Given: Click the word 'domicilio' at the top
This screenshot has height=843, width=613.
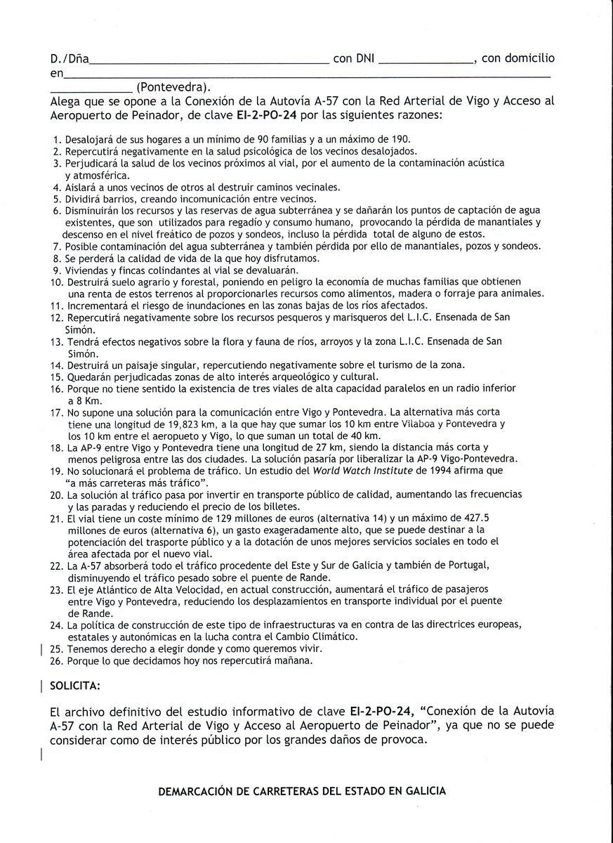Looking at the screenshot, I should [527, 58].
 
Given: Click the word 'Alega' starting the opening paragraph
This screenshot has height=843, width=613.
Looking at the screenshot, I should [66, 101].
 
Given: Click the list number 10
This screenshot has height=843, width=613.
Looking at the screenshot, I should [56, 282].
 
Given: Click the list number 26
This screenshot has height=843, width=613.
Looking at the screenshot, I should [56, 660].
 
